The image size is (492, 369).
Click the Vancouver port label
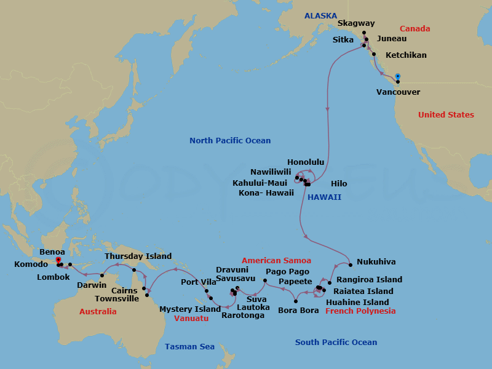click(x=398, y=92)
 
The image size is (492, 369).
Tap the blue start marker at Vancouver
click(x=398, y=76)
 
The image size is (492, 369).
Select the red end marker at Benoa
click(x=58, y=260)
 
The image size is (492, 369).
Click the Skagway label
click(x=356, y=24)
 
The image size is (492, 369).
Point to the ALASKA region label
click(x=320, y=15)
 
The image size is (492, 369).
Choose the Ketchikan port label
click(x=406, y=55)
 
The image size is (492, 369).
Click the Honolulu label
click(x=305, y=162)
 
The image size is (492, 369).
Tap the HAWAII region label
click(x=325, y=197)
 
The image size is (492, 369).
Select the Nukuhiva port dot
click(x=350, y=265)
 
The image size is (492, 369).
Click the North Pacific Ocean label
click(x=230, y=141)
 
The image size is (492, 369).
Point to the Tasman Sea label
click(x=189, y=347)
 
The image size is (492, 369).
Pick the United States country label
click(x=446, y=115)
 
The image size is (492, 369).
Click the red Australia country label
click(x=98, y=312)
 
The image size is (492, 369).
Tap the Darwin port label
click(x=91, y=285)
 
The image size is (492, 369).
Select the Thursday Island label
click(x=138, y=256)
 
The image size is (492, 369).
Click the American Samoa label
click(x=276, y=261)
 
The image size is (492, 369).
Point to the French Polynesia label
click(x=360, y=311)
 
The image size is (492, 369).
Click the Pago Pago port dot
click(x=265, y=280)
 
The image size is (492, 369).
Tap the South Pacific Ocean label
click(x=336, y=343)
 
